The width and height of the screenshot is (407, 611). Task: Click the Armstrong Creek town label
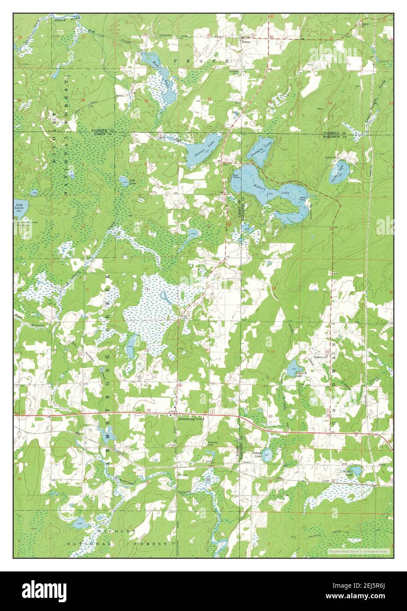(x=191, y=418)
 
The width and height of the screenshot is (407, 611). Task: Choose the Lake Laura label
(x=19, y=206)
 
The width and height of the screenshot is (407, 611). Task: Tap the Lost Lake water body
(x=124, y=180)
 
